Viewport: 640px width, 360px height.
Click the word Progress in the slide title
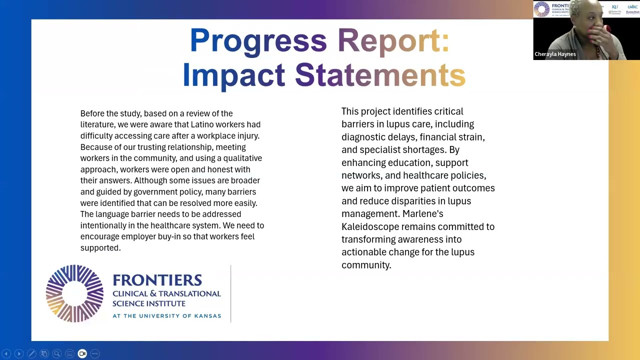[x=258, y=41]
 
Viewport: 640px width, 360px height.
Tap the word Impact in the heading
[x=233, y=75]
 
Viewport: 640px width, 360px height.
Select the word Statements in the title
[x=380, y=75]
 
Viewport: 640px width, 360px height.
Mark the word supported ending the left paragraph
[x=100, y=247]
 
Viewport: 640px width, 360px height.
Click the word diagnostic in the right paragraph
[x=363, y=136]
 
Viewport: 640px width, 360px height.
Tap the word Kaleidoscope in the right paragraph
[x=370, y=226]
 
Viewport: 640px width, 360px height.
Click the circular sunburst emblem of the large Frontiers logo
[x=74, y=293]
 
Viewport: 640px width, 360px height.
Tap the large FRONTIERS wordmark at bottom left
[x=157, y=280]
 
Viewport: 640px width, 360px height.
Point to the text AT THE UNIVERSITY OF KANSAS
[x=166, y=316]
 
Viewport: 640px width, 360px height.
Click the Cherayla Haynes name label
[x=555, y=54]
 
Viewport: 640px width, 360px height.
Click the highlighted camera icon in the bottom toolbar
[x=82, y=354]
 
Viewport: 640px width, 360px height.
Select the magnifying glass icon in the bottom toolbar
[x=56, y=354]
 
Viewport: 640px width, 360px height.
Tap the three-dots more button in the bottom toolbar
[x=94, y=354]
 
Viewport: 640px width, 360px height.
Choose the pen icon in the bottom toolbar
[x=31, y=354]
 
